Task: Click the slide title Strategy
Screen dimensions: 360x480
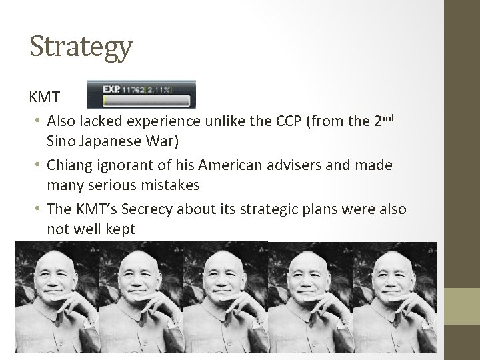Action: [x=81, y=48]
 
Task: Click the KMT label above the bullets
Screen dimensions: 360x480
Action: [x=45, y=97]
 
